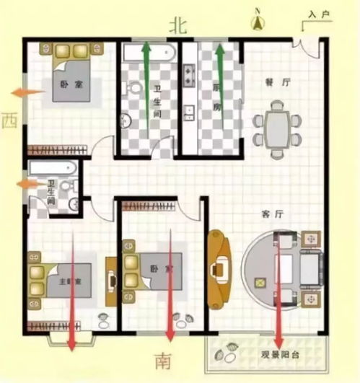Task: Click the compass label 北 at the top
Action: pyautogui.click(x=178, y=25)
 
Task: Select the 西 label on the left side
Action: pyautogui.click(x=9, y=120)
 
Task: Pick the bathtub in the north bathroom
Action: pyautogui.click(x=148, y=52)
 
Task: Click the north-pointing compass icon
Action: pyautogui.click(x=258, y=21)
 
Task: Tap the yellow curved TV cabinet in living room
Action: pyautogui.click(x=218, y=268)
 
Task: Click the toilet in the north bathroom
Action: pyautogui.click(x=134, y=89)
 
